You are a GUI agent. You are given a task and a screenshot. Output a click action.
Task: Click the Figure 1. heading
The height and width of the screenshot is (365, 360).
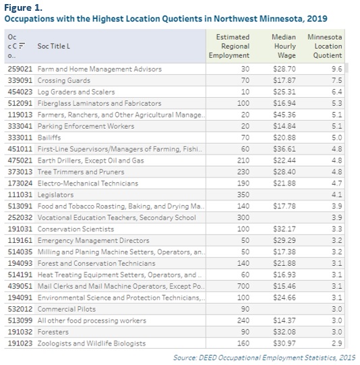pos(23,7)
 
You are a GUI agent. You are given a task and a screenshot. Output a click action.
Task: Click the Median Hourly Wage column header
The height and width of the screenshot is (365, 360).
pos(284,46)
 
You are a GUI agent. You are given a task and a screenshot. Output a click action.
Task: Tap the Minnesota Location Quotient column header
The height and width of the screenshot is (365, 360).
pos(325,46)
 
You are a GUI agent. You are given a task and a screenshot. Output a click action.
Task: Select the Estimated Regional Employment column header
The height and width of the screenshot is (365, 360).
pos(229,46)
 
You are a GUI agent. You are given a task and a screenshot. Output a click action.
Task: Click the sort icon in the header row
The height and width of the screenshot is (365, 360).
pos(22,46)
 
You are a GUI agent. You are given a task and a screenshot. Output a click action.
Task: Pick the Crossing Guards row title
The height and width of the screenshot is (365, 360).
pos(64,80)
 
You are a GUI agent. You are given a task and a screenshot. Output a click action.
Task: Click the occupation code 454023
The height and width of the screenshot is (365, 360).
pos(20,92)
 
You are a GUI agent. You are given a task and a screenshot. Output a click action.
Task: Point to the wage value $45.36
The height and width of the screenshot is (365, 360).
pos(284,115)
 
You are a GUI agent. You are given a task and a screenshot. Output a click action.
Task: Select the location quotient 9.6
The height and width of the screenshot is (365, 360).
pos(337,69)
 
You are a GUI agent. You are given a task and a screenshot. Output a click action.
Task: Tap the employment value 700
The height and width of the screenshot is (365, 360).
pos(243,286)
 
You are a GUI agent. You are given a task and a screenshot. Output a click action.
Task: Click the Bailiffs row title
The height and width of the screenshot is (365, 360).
pos(49,138)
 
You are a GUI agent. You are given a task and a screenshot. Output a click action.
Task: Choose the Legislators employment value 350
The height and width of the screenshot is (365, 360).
pos(243,194)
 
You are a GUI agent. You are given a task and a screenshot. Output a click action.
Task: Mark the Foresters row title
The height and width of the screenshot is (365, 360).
pos(53,332)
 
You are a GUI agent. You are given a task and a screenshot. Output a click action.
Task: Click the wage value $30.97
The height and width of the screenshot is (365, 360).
pos(284,343)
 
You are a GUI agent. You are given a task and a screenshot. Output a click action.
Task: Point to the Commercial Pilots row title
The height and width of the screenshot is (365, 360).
pos(67,309)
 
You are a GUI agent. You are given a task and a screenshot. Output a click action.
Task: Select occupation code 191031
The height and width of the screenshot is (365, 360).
pos(20,229)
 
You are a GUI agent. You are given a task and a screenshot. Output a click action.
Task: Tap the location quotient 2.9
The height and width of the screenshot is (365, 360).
pos(337,343)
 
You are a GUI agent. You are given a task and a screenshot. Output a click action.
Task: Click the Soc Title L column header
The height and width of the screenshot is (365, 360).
pos(54,46)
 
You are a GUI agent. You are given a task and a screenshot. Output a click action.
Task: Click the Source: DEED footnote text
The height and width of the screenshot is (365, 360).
pos(264,358)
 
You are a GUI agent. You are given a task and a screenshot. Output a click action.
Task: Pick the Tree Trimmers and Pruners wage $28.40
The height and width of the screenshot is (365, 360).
pos(284,172)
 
